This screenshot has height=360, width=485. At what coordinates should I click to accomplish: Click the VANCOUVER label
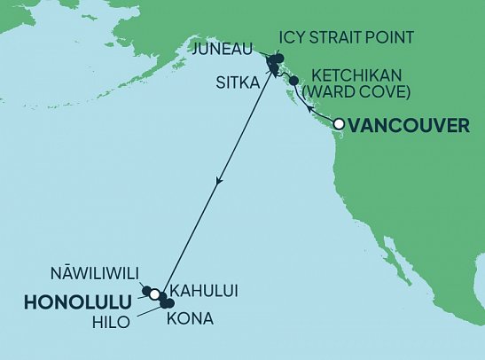point(410,126)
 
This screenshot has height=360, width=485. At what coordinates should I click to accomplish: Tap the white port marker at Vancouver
point(338,125)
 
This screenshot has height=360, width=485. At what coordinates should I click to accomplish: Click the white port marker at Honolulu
point(154,294)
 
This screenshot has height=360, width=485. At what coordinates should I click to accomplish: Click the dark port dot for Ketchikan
point(293,81)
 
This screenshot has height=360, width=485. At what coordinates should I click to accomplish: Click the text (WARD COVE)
point(347,90)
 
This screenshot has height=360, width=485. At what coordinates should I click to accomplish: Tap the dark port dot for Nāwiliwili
point(145,289)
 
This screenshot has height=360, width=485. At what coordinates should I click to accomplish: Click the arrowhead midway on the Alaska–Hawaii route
point(219,181)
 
